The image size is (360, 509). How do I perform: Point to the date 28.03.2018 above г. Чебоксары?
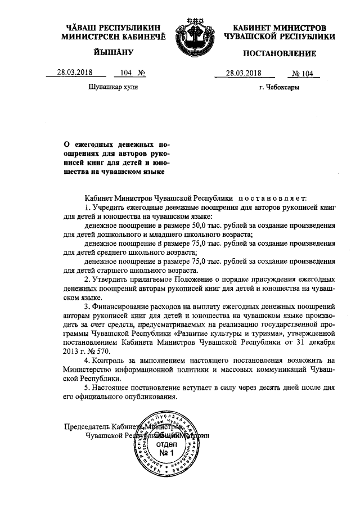[x=244, y=73]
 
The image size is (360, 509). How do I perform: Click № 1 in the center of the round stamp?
[x=165, y=453]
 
